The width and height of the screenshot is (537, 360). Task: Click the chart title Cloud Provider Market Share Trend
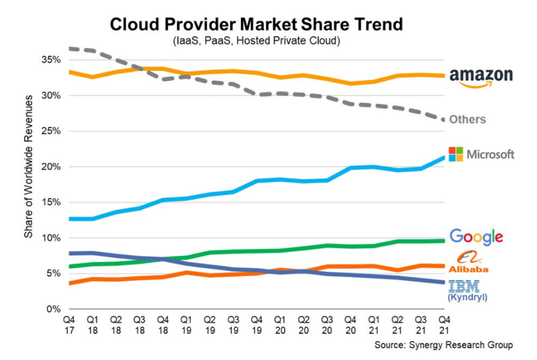point(256,24)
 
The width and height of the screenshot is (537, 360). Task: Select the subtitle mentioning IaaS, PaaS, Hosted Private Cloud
point(256,41)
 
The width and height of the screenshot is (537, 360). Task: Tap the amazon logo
point(481,77)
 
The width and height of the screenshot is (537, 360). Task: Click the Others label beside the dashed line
point(467,119)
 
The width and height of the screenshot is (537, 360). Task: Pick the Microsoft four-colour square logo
point(456,154)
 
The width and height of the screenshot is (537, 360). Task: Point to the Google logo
point(476,236)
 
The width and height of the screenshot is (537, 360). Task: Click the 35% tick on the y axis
point(51,60)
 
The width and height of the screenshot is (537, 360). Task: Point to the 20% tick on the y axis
point(51,167)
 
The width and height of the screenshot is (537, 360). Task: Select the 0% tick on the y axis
point(54,309)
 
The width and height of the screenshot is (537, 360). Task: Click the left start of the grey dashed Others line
point(71,48)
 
